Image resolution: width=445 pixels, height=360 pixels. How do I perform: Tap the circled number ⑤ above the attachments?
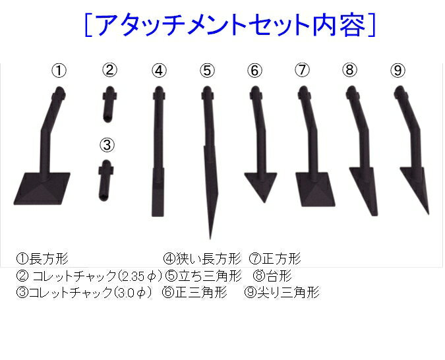point(208,71)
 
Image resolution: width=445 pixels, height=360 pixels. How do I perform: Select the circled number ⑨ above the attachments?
point(398,71)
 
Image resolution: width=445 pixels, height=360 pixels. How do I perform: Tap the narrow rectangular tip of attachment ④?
point(158,201)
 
